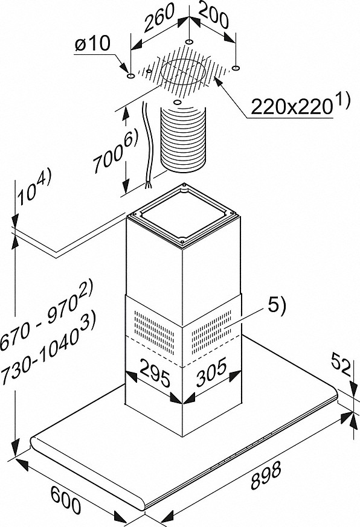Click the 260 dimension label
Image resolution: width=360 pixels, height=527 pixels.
(x=159, y=18)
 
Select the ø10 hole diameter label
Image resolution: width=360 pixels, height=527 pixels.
(x=92, y=44)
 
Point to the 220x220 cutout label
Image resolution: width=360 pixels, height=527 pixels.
(x=291, y=107)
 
